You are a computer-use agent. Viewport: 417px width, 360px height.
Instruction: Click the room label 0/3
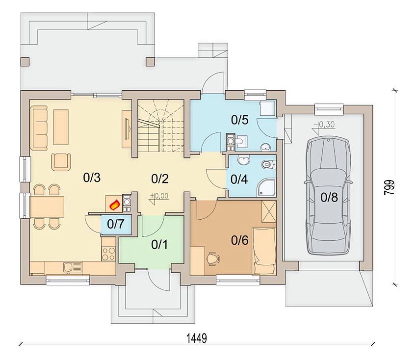point(92,178)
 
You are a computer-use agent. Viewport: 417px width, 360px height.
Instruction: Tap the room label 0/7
point(116,224)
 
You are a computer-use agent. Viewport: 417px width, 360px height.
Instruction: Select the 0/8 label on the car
point(329,197)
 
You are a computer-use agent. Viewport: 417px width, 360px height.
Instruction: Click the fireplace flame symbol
point(115,205)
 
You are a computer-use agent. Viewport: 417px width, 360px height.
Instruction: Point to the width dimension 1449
point(197,338)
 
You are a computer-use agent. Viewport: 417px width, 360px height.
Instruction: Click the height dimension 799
point(389,187)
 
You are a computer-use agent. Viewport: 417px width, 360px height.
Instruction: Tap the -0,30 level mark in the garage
point(324,125)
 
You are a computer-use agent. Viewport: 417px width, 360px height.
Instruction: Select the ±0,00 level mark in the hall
point(159,196)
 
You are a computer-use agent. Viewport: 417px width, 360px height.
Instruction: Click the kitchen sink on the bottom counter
point(73,268)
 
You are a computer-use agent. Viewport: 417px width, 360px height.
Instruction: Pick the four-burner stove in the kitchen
point(108,254)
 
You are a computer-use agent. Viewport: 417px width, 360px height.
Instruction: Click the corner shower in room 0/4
point(266,187)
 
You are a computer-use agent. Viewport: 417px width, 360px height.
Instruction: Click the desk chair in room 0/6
point(213,258)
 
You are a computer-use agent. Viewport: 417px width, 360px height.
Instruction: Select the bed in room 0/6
point(264,251)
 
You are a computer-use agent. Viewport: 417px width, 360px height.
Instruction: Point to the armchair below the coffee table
point(61,162)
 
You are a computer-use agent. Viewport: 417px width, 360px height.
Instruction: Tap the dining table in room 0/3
point(47,207)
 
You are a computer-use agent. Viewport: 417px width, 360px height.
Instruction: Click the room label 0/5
point(239,120)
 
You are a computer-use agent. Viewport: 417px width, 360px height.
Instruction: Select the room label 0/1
point(159,245)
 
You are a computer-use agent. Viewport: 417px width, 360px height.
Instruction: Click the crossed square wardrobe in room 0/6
point(269,211)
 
